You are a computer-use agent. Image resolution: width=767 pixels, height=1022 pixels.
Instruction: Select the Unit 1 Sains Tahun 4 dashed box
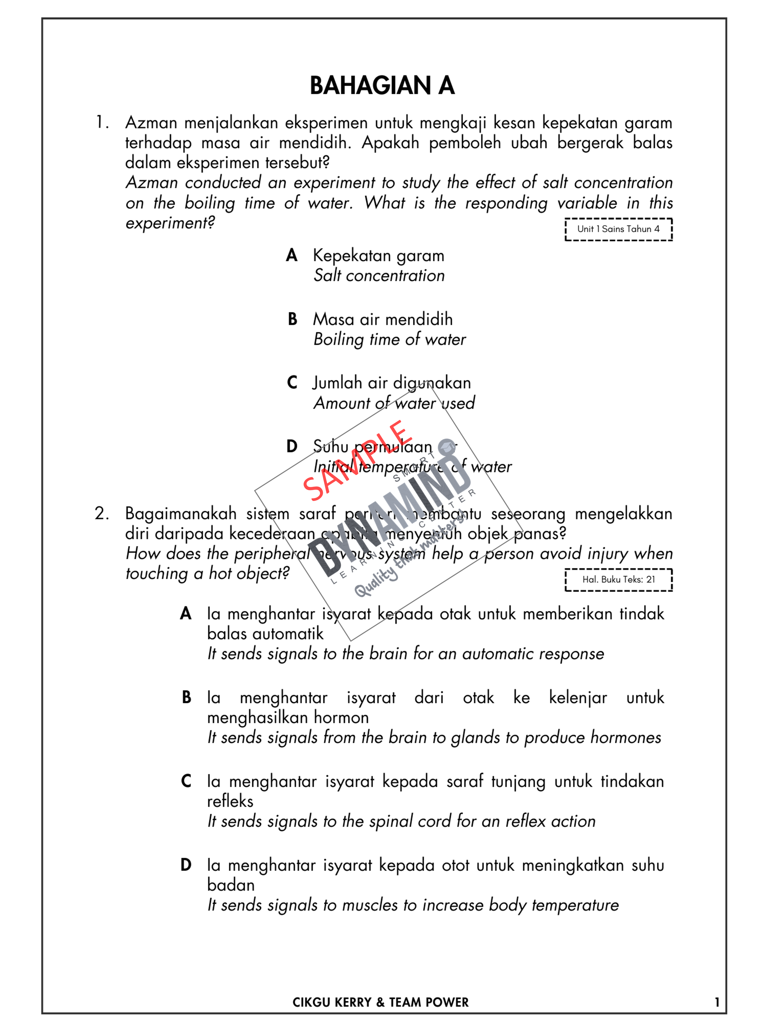click(618, 229)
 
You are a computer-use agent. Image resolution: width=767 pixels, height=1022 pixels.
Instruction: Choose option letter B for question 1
click(292, 319)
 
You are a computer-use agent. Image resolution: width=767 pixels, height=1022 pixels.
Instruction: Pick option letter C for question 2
click(186, 781)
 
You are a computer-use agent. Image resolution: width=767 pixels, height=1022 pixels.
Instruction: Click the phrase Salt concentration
click(379, 276)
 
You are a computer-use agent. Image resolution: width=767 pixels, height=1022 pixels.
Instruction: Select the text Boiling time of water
click(389, 340)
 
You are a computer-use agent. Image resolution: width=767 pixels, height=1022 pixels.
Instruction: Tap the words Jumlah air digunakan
click(392, 383)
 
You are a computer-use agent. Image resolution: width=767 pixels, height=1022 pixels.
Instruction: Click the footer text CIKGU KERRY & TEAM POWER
click(381, 1002)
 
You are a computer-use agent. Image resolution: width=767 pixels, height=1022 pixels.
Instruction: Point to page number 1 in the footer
click(717, 1002)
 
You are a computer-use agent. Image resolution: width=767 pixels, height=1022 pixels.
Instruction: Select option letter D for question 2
click(186, 865)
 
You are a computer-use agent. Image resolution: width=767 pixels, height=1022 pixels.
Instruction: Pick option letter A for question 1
click(291, 255)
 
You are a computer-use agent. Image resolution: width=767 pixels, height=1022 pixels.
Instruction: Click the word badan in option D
click(231, 885)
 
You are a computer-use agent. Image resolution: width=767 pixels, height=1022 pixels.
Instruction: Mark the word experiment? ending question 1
click(170, 223)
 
